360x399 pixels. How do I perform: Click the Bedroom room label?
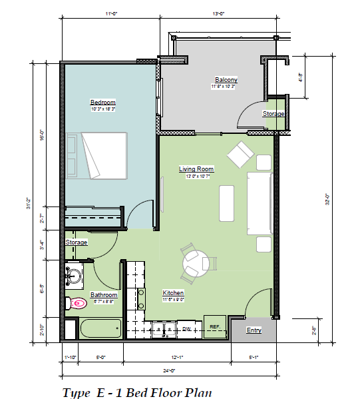[102, 102]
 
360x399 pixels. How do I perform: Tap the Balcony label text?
[226, 80]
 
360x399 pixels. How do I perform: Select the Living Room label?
[196, 169]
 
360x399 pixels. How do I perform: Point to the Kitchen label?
[173, 292]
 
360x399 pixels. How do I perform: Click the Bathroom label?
[104, 295]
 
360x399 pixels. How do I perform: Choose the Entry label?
[254, 330]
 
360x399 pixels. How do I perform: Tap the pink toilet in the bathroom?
[78, 303]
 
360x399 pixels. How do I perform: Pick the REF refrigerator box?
[215, 326]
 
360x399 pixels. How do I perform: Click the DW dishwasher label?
[188, 328]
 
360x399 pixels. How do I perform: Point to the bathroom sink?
[75, 274]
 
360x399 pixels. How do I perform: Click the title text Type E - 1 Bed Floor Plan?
[136, 391]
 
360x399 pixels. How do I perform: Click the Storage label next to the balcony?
[273, 114]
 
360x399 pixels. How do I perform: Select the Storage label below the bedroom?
[77, 242]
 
